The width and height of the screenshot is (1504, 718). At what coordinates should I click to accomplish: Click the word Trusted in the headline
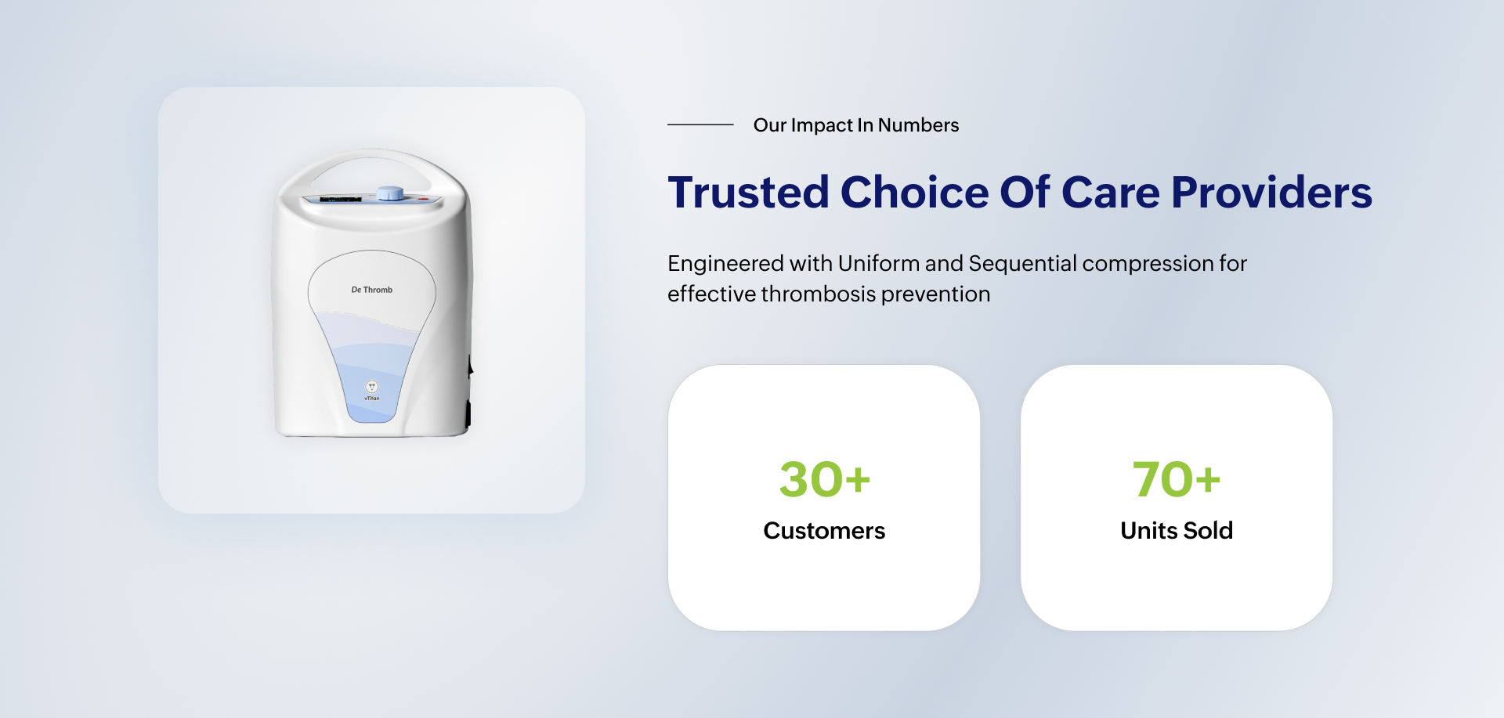tap(748, 193)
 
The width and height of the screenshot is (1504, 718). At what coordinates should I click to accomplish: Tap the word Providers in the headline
tap(1271, 193)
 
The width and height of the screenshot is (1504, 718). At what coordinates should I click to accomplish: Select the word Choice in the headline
tap(914, 193)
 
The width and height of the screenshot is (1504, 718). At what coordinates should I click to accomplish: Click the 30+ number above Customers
tap(824, 479)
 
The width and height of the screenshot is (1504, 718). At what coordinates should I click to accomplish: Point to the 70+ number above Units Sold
tap(1177, 479)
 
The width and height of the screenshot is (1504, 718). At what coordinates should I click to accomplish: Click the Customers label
tap(824, 531)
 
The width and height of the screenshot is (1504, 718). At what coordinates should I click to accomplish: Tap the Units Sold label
tap(1177, 531)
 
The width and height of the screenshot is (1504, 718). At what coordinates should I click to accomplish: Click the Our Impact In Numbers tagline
tap(856, 125)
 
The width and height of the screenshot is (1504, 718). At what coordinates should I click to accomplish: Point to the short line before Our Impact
tap(700, 124)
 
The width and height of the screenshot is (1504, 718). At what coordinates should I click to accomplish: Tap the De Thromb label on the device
tap(372, 290)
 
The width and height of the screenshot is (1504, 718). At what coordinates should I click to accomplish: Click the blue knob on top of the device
tap(390, 193)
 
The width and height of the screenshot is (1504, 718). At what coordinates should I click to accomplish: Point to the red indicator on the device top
tap(424, 199)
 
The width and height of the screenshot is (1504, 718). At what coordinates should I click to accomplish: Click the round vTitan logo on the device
tap(372, 387)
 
